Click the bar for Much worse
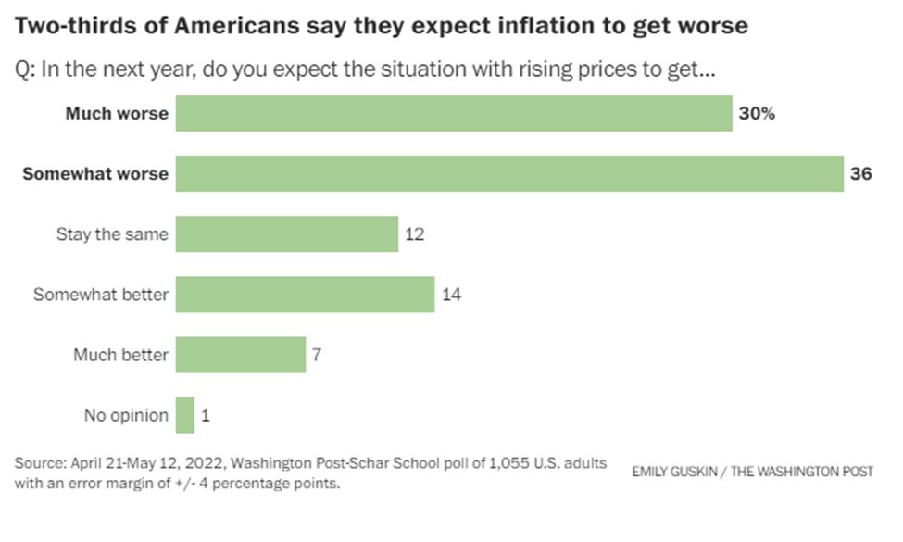(x=454, y=114)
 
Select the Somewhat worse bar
(x=509, y=173)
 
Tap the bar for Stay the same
(x=287, y=233)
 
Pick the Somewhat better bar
(x=305, y=295)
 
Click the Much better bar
(x=241, y=355)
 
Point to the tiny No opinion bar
(x=185, y=415)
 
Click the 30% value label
(x=757, y=114)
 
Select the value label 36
(x=862, y=173)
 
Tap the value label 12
(x=415, y=233)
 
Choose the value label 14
(x=451, y=295)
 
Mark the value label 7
(x=317, y=355)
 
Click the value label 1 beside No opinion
(x=205, y=415)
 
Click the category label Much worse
(x=117, y=114)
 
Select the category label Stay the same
(x=112, y=233)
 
